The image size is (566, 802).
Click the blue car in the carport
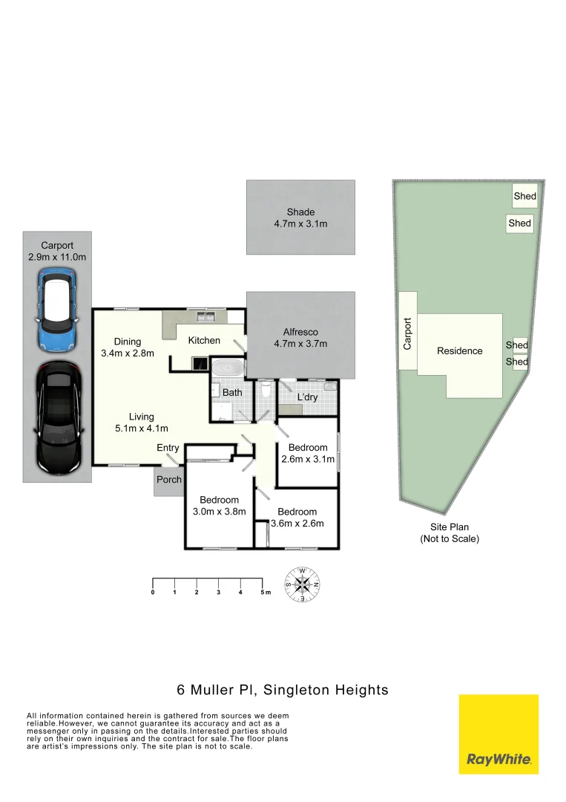pyautogui.click(x=56, y=310)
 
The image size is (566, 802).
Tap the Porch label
pyautogui.click(x=169, y=480)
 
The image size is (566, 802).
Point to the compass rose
pyautogui.click(x=303, y=584)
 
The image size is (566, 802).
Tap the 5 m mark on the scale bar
pyautogui.click(x=263, y=592)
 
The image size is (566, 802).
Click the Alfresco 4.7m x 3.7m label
pyautogui.click(x=300, y=338)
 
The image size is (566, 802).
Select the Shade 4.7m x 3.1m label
pyautogui.click(x=300, y=218)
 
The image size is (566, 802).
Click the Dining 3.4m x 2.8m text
pyautogui.click(x=128, y=348)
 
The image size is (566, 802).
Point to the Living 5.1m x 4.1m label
pyautogui.click(x=141, y=423)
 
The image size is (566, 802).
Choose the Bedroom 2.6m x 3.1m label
pyautogui.click(x=308, y=453)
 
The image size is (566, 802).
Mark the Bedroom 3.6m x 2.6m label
pyautogui.click(x=297, y=517)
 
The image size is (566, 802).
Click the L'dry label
pyautogui.click(x=306, y=398)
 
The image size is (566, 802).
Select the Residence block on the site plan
pyautogui.click(x=460, y=351)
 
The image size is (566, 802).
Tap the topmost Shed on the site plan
pyautogui.click(x=524, y=197)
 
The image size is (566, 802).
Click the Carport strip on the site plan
pyautogui.click(x=407, y=331)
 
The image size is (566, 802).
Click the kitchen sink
pyautogui.click(x=205, y=318)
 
